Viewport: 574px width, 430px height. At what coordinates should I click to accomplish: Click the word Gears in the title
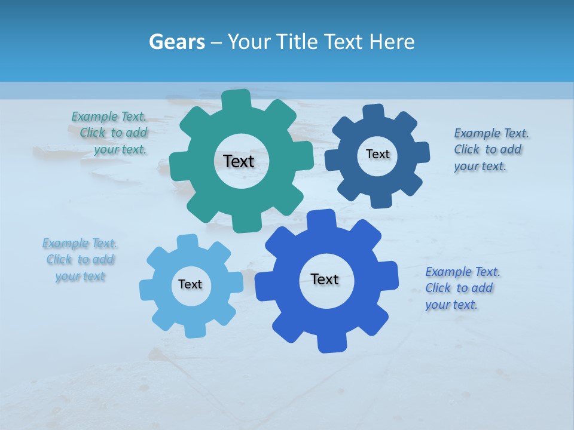point(176,42)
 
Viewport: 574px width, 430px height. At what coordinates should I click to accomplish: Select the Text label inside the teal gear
point(239,161)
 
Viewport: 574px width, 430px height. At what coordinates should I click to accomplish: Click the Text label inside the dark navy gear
point(377,154)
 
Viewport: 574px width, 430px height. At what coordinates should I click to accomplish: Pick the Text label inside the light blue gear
point(190,284)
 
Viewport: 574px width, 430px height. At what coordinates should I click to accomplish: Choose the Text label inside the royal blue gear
point(325,279)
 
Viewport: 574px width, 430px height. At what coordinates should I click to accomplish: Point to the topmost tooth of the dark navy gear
point(373,113)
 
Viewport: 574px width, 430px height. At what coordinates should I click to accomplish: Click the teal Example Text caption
point(111,133)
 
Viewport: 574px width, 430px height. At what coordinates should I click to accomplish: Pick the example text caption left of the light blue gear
point(80,260)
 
